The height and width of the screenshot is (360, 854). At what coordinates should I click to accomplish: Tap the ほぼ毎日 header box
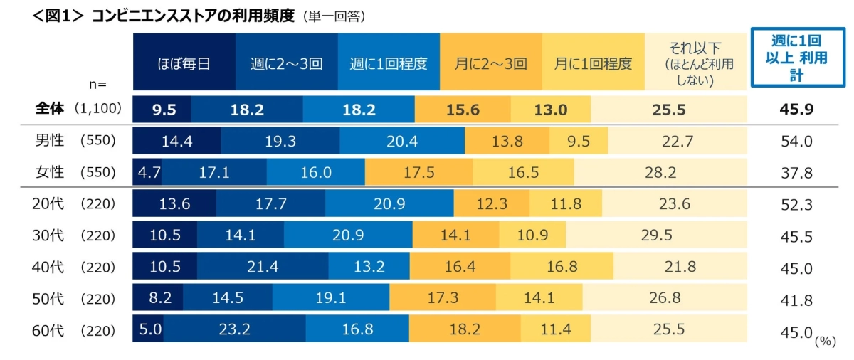[184, 63]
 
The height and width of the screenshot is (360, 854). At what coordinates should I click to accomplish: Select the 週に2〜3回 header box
[286, 63]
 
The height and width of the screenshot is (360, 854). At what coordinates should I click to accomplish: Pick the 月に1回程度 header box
[594, 63]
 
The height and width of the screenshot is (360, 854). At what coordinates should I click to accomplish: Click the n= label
[97, 84]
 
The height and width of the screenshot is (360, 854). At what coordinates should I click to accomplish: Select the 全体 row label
[50, 109]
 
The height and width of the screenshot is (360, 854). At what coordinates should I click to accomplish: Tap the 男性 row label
[50, 141]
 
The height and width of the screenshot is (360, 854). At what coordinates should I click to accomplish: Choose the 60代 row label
[50, 331]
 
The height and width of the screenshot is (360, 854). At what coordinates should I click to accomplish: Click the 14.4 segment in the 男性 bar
[176, 141]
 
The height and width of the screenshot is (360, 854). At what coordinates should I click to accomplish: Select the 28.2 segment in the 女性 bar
[660, 173]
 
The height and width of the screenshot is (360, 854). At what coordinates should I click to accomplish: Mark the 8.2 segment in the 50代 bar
[157, 299]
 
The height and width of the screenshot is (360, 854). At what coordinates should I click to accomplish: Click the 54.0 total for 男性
[797, 141]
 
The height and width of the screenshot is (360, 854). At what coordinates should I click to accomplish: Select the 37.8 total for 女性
[797, 173]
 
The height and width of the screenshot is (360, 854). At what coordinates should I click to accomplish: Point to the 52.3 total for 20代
[797, 204]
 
